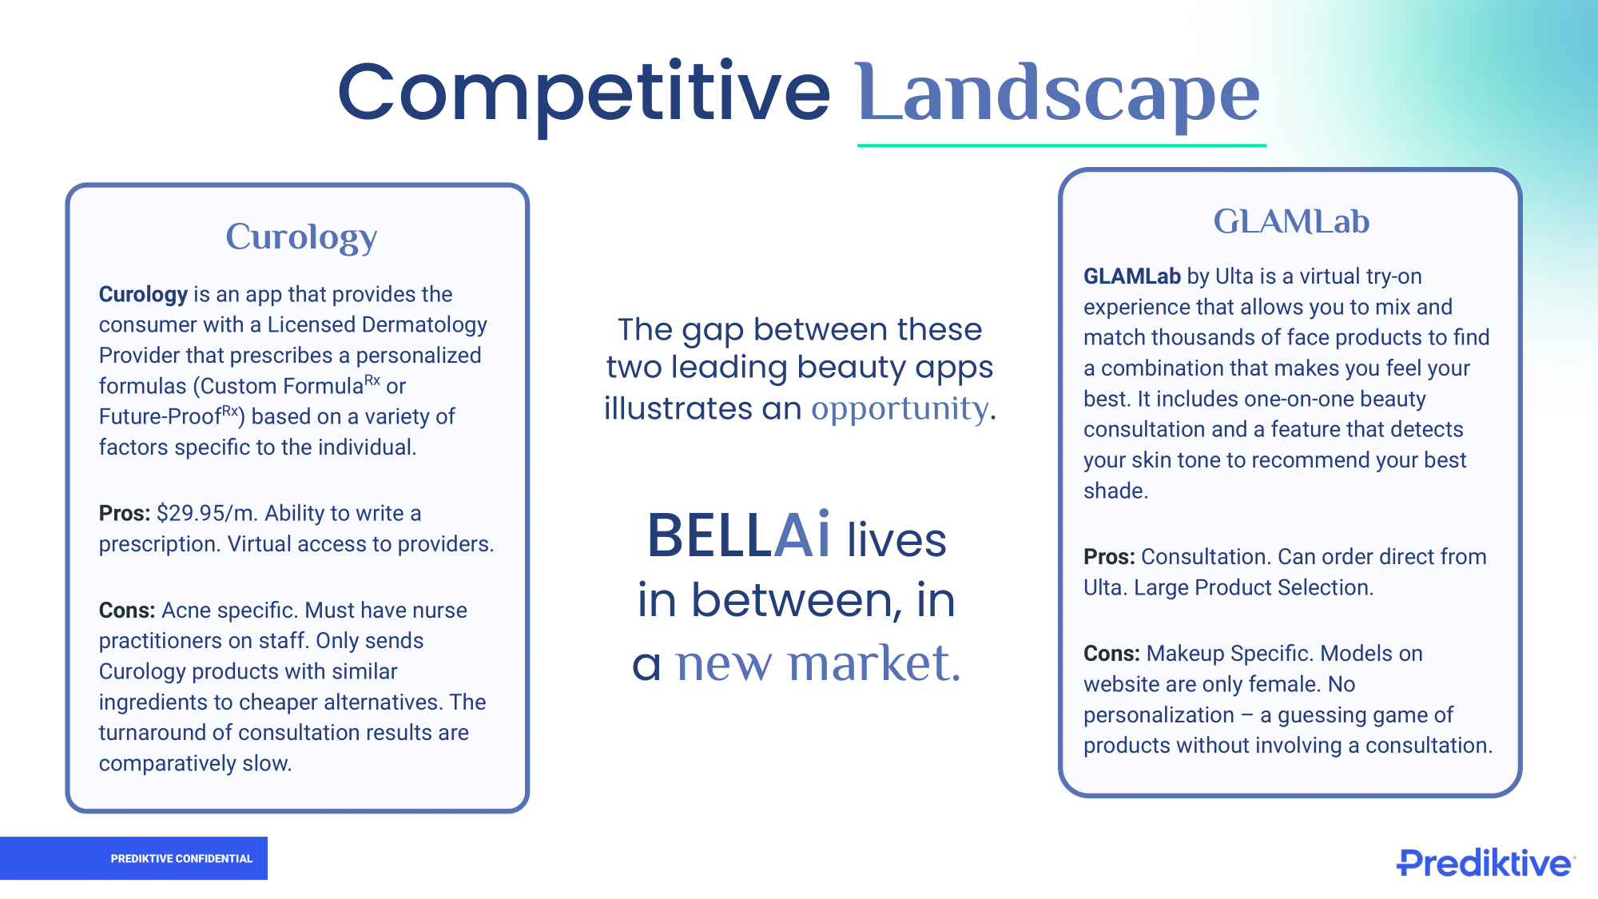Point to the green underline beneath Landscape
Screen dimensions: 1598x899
1062,145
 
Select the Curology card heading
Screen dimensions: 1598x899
301,237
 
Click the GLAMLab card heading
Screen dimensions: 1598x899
1291,221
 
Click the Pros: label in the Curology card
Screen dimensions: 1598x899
125,513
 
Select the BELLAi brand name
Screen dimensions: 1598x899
739,535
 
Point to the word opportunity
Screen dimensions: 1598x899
900,409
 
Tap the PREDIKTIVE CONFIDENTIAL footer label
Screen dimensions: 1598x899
181,859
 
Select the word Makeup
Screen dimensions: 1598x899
1186,654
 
